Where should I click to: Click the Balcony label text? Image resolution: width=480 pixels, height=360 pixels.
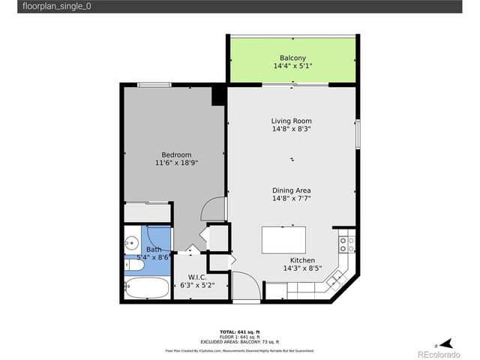[292, 58]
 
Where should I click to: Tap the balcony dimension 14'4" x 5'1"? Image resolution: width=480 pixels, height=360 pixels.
[292, 66]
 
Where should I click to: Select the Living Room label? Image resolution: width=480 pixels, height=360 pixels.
[291, 121]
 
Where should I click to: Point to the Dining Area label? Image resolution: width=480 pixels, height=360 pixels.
[291, 190]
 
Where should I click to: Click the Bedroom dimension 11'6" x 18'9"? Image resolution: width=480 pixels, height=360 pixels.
[176, 163]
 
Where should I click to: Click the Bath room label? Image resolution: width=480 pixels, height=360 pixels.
[154, 250]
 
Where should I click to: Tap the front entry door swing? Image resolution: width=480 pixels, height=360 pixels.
[246, 287]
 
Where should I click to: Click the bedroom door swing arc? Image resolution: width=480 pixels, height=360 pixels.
[214, 208]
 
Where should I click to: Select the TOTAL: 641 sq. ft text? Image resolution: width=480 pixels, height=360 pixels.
[239, 331]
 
